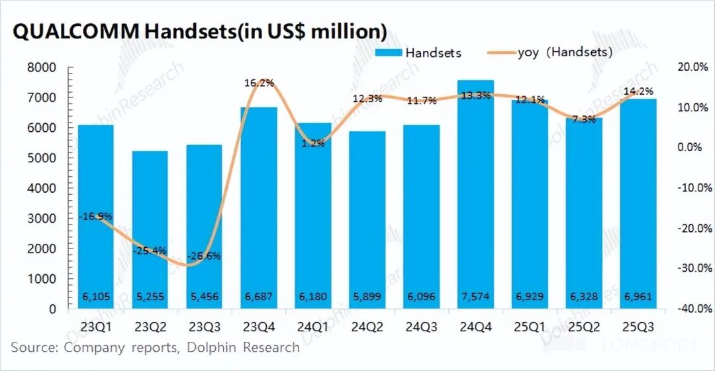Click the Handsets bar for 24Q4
coord(475,199)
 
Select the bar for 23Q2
coord(150,232)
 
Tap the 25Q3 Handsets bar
coord(638,205)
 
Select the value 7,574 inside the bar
coord(475,297)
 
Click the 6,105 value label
coord(96,297)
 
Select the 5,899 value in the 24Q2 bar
coord(367,297)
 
